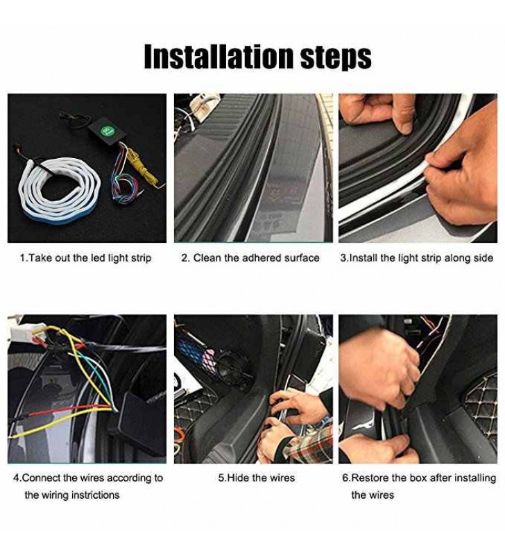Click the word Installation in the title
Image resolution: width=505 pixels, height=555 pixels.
219,56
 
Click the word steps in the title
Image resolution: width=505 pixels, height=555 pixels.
336,58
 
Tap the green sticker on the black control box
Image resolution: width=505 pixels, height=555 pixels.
106,132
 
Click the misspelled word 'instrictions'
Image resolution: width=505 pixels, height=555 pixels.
96,495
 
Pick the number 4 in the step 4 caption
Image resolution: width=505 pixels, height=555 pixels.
16,478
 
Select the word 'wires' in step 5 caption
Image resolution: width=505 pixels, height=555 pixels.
282,478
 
